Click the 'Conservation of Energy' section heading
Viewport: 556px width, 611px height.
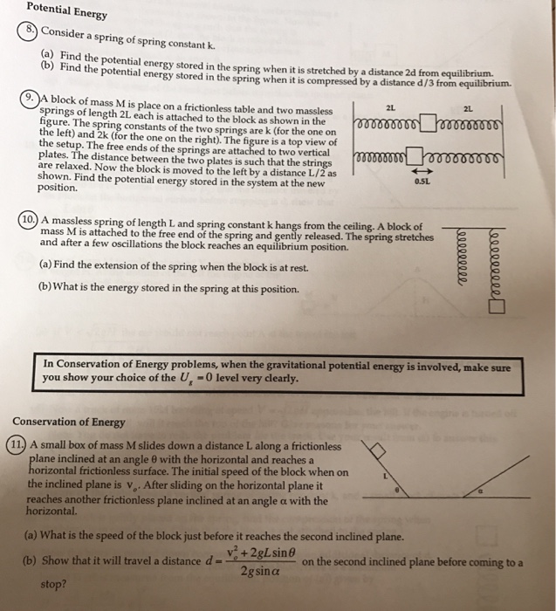tap(69, 422)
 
